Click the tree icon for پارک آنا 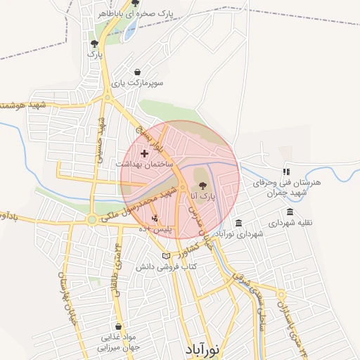(x=203, y=186)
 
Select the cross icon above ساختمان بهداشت (x=144, y=153)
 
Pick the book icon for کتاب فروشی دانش (x=166, y=256)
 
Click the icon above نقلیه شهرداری (x=290, y=212)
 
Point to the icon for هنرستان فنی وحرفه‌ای (x=285, y=172)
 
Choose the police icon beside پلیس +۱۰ (x=145, y=218)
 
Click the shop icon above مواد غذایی (x=117, y=326)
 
